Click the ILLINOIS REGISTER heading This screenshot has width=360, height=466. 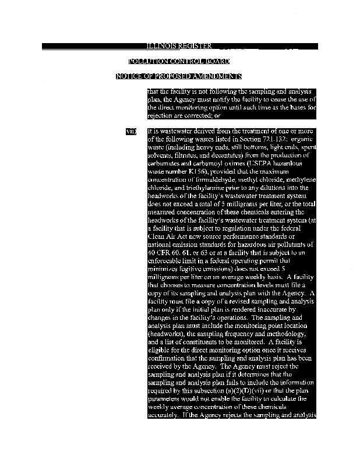[179, 46]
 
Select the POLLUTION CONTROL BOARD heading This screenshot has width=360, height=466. [179, 61]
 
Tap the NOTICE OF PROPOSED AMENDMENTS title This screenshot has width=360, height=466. [179, 76]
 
